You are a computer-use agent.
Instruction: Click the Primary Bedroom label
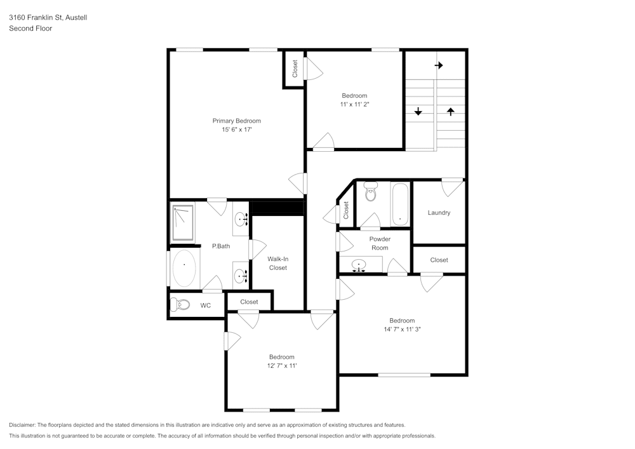tap(236, 121)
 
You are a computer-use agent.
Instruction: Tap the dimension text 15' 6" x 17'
tap(236, 130)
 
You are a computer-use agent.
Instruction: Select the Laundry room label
tap(439, 213)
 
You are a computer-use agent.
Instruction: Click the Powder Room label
tap(380, 243)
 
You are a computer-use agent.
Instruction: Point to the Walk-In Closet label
tap(277, 264)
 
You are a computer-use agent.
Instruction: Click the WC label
tap(206, 305)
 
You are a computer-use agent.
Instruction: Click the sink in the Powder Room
tap(359, 265)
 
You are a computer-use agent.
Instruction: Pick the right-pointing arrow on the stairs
tap(439, 65)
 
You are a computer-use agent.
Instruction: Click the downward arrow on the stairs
tap(418, 112)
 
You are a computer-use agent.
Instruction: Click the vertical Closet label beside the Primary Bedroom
tap(295, 69)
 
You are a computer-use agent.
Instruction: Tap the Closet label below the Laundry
tap(439, 260)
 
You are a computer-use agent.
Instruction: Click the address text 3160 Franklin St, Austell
tap(48, 18)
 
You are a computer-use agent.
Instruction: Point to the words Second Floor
tap(30, 29)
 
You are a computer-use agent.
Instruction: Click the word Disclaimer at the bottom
tap(23, 425)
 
